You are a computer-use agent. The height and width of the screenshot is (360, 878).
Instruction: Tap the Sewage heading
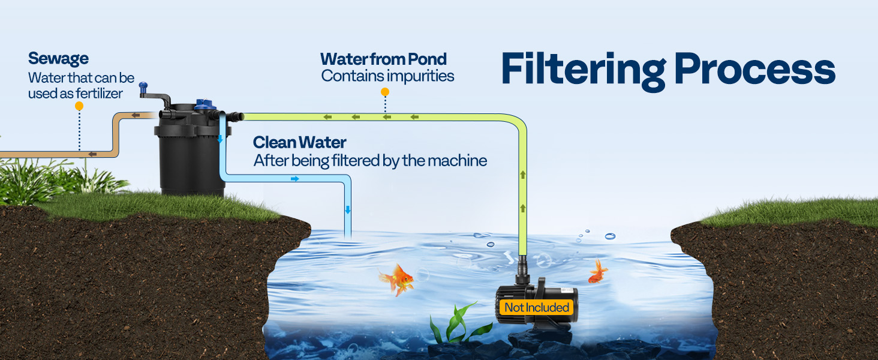(58, 59)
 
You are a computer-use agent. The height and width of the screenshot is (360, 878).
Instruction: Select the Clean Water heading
(299, 142)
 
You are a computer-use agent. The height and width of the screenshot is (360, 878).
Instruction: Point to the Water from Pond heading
(383, 59)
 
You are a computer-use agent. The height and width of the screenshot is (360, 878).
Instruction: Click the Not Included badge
(536, 308)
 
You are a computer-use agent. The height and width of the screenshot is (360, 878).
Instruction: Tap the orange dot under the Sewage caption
(79, 106)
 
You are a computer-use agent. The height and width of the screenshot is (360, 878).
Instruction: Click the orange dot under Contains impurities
(385, 92)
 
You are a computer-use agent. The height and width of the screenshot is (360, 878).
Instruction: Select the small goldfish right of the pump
(597, 272)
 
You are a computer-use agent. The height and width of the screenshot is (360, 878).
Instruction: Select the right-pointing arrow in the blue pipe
(294, 178)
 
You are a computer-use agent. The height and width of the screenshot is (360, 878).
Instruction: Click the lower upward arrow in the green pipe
(522, 208)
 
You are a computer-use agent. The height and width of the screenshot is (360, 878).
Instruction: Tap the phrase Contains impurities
(387, 76)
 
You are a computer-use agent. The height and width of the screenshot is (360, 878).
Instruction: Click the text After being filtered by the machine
(369, 160)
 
